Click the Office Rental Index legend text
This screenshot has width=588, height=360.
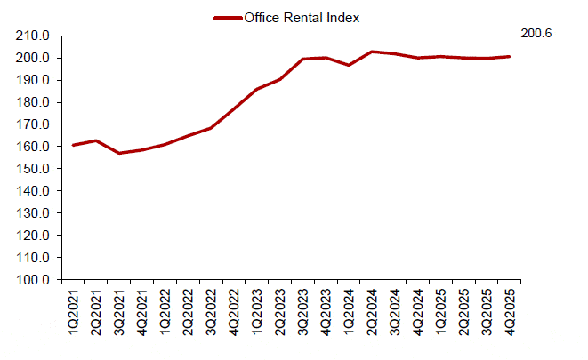[302, 17]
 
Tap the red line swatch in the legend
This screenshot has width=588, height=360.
[227, 17]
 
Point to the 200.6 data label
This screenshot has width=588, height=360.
[536, 34]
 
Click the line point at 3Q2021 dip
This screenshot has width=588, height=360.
[119, 153]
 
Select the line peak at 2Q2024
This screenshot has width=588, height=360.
[373, 52]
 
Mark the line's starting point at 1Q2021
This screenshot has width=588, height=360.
[73, 145]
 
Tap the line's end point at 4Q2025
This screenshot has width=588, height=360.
[510, 56]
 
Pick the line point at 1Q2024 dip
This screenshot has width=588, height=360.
[350, 65]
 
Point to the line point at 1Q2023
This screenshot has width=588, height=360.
[257, 89]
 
